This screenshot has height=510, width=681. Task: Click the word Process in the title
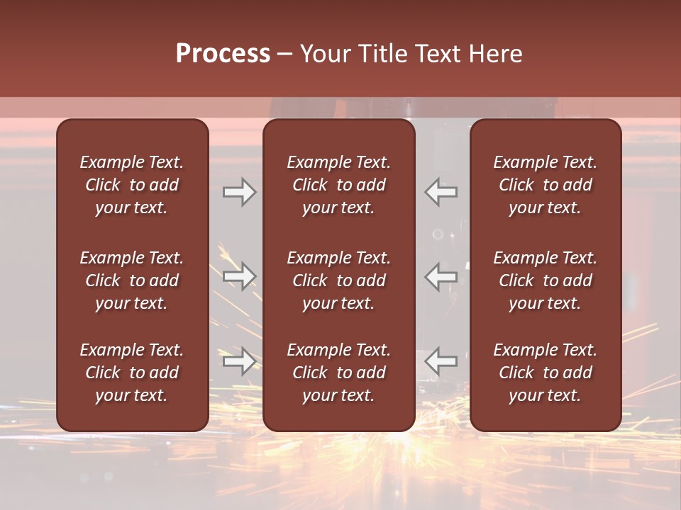coord(223,54)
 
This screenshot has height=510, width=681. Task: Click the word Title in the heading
coord(380,54)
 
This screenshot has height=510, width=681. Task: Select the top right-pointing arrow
coord(239,192)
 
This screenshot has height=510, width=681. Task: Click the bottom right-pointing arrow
coord(239,361)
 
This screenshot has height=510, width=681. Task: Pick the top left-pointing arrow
coord(441,192)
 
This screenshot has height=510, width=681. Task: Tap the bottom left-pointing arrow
coord(441,361)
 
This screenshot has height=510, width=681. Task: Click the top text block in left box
coord(132,185)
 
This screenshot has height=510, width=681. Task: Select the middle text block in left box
coord(132,280)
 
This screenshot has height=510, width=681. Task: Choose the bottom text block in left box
coord(132,373)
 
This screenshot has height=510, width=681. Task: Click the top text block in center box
coord(339,185)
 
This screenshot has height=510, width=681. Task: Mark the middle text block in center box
coord(339,280)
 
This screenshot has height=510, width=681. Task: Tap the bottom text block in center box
coord(339,373)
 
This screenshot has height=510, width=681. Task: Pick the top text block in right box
coord(546,185)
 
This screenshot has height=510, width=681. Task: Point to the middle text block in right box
coord(546,280)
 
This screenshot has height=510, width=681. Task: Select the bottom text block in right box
coord(546,373)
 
